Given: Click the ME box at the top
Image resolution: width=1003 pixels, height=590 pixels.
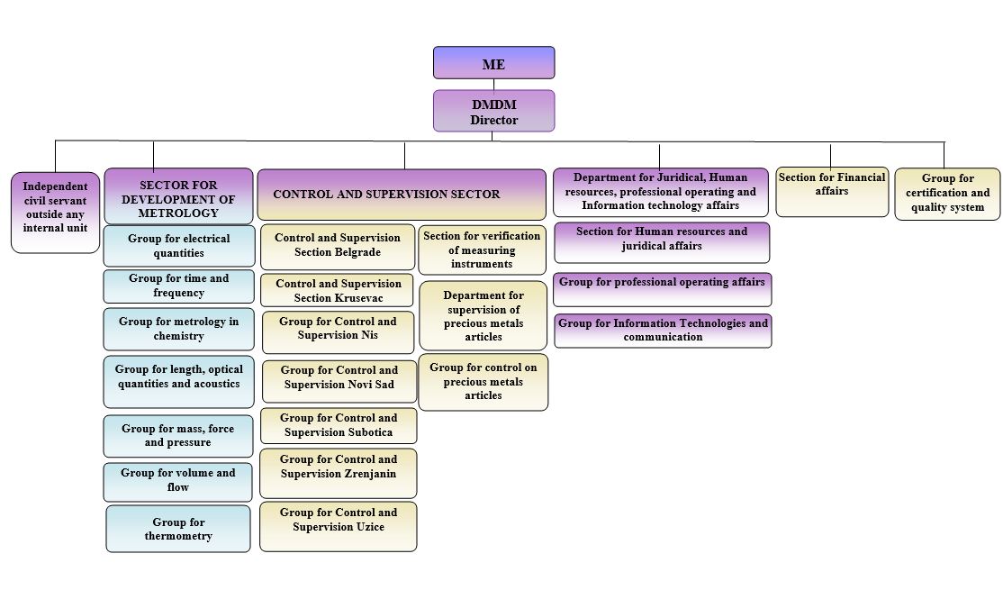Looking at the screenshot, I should pyautogui.click(x=493, y=63).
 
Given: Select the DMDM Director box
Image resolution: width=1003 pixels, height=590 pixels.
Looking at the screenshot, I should pyautogui.click(x=493, y=111).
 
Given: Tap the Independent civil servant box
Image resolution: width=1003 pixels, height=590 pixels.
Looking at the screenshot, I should pyautogui.click(x=55, y=213).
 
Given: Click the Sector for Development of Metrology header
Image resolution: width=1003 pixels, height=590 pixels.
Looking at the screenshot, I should pyautogui.click(x=178, y=196).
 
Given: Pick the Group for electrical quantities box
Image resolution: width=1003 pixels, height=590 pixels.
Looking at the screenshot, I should pyautogui.click(x=178, y=246).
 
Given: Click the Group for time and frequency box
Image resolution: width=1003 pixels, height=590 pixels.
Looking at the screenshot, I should pyautogui.click(x=178, y=286).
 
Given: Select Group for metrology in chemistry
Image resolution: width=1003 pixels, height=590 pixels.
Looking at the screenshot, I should pyautogui.click(x=178, y=329).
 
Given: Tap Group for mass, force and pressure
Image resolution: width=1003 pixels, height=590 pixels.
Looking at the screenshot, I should pyautogui.click(x=178, y=436).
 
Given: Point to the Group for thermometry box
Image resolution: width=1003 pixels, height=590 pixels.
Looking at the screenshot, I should pyautogui.click(x=178, y=529).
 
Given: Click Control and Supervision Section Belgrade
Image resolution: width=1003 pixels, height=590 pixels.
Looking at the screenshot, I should pyautogui.click(x=338, y=246).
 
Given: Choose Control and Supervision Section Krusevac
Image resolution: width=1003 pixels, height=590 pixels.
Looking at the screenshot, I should pyautogui.click(x=338, y=290).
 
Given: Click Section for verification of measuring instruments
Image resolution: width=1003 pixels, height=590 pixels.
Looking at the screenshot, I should pyautogui.click(x=482, y=250).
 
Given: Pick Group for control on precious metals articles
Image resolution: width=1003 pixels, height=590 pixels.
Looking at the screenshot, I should pyautogui.click(x=483, y=382).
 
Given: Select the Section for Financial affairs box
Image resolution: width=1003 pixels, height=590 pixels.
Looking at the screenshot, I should pyautogui.click(x=832, y=191).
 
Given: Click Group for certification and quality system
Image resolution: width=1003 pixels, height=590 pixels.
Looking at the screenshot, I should pyautogui.click(x=947, y=194).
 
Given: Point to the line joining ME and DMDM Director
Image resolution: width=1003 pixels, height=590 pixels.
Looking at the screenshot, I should pyautogui.click(x=493, y=85).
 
